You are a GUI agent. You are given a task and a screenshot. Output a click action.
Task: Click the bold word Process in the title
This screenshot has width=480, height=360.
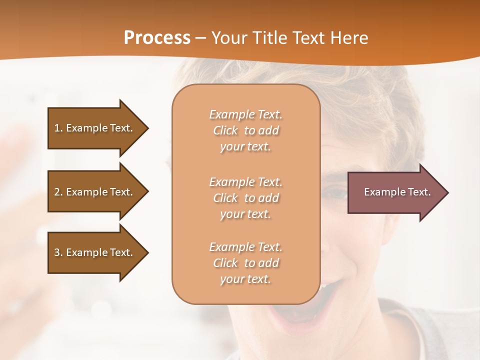coord(157,38)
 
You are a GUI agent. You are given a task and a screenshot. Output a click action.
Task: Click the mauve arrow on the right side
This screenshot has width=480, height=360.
coord(395,192)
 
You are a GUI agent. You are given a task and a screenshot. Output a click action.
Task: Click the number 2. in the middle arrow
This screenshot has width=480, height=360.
coord(58,192)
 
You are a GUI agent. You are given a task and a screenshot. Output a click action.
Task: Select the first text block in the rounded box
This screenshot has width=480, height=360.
coord(245,130)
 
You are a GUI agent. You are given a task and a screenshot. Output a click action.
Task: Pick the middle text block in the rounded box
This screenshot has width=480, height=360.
coord(245,198)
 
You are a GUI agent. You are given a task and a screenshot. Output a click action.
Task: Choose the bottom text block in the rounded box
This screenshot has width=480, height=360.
coord(245,263)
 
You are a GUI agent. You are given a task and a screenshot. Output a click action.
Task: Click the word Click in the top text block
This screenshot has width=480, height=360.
coord(225,130)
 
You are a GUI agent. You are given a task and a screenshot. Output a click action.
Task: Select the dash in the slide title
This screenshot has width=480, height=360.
coord(201,38)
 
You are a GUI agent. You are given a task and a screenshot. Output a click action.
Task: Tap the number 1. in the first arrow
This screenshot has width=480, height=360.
coord(58,128)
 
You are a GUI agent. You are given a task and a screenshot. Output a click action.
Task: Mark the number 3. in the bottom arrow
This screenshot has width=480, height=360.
coord(58,252)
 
